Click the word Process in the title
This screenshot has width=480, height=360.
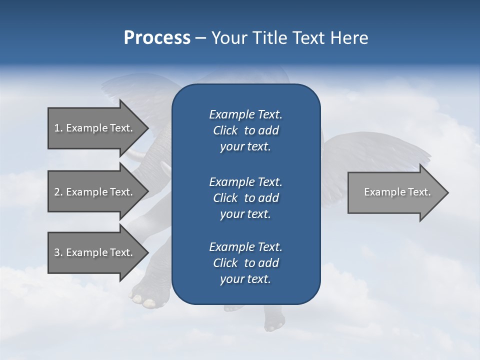[x=157, y=38]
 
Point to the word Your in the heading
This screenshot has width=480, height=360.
[x=229, y=38]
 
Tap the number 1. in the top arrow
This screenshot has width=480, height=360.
[x=58, y=128]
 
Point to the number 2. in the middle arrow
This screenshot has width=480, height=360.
[x=58, y=192]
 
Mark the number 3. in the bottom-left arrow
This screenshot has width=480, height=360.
[x=58, y=252]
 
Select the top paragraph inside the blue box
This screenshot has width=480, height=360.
[x=245, y=130]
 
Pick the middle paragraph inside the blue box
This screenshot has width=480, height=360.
[x=245, y=197]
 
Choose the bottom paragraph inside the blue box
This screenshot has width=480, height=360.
[x=245, y=263]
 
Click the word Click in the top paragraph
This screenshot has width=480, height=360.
[x=225, y=130]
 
